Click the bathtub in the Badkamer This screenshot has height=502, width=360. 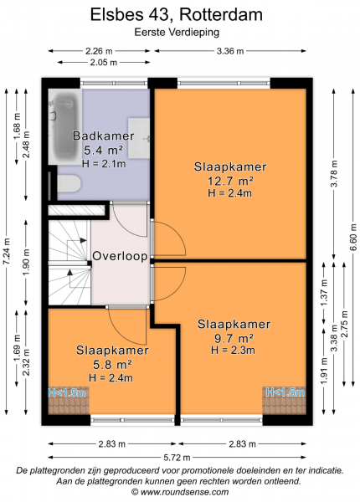(65, 127)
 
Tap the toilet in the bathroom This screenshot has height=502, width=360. (69, 183)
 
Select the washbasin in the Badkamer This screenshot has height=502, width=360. (139, 138)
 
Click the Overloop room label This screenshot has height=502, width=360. (120, 256)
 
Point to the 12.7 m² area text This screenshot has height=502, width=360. (230, 181)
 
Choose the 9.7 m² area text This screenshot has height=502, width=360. (234, 338)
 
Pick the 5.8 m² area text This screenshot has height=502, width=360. (112, 364)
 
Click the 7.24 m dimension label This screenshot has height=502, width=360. (7, 251)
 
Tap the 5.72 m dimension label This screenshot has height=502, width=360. (177, 457)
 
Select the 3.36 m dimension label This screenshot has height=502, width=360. (230, 51)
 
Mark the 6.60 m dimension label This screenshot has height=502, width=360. (353, 238)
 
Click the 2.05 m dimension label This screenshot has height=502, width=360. (103, 63)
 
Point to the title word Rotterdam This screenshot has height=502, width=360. (221, 15)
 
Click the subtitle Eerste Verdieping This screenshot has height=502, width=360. (177, 33)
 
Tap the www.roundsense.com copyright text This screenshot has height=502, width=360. (180, 492)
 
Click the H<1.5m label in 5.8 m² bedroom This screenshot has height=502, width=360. (67, 392)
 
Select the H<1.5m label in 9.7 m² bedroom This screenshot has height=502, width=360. (285, 392)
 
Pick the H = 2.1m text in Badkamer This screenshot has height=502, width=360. (104, 164)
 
